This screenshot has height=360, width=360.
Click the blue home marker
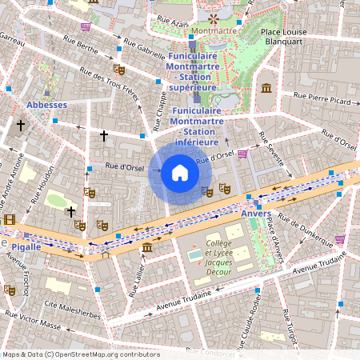pos(180,173)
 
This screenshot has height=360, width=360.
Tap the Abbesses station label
pos(46,105)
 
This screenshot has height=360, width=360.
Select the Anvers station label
pos(256,214)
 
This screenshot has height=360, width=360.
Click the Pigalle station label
pos(26,247)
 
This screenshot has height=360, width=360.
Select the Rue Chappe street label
pos(158,111)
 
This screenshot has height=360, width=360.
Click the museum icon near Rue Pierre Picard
pos(266,86)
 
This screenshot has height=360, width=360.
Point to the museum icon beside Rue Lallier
pos(147,250)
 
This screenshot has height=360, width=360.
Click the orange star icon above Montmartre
pos(213,17)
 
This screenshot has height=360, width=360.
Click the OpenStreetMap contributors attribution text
pos(80,354)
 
